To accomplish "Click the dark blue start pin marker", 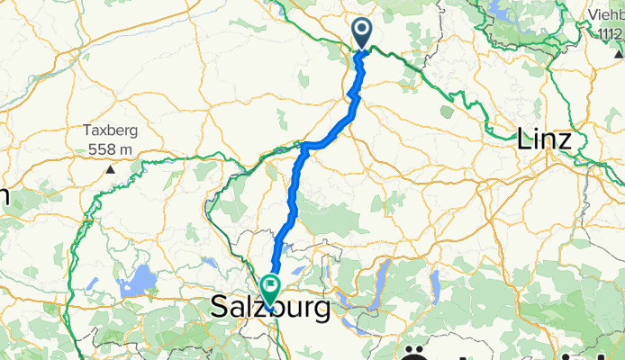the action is click(362, 33).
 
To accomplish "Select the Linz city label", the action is click(545, 139).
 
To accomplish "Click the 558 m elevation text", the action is click(111, 148).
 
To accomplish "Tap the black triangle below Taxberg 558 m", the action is click(111, 168).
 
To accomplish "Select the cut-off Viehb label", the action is click(602, 15).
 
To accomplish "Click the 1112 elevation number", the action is click(610, 32).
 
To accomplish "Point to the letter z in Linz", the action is click(565, 140).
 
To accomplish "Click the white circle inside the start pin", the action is click(362, 29).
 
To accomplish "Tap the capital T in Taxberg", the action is click(87, 130).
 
